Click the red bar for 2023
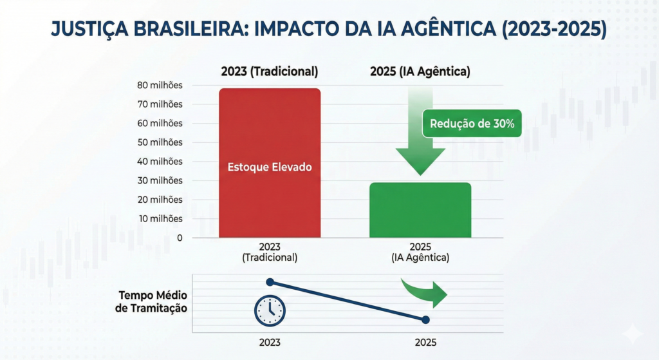pos(270,163)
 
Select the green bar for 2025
pos(420,210)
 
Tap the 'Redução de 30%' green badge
pos(472,124)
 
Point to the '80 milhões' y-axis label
pos(160,86)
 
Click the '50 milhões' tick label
pos(160,142)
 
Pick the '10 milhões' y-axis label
pos(160,219)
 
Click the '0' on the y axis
pos(180,238)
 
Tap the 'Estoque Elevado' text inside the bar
pos(270,167)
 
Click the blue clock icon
pos(270,311)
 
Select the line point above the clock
pos(270,282)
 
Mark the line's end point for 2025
pos(425,320)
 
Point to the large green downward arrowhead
pos(420,162)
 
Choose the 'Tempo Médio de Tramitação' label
pos(151,301)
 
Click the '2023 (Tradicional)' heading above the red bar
pos(270,71)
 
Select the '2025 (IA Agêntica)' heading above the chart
pos(420,71)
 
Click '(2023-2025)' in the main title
pos(554,29)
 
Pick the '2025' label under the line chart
pos(425,343)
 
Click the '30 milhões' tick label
pos(160,181)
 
